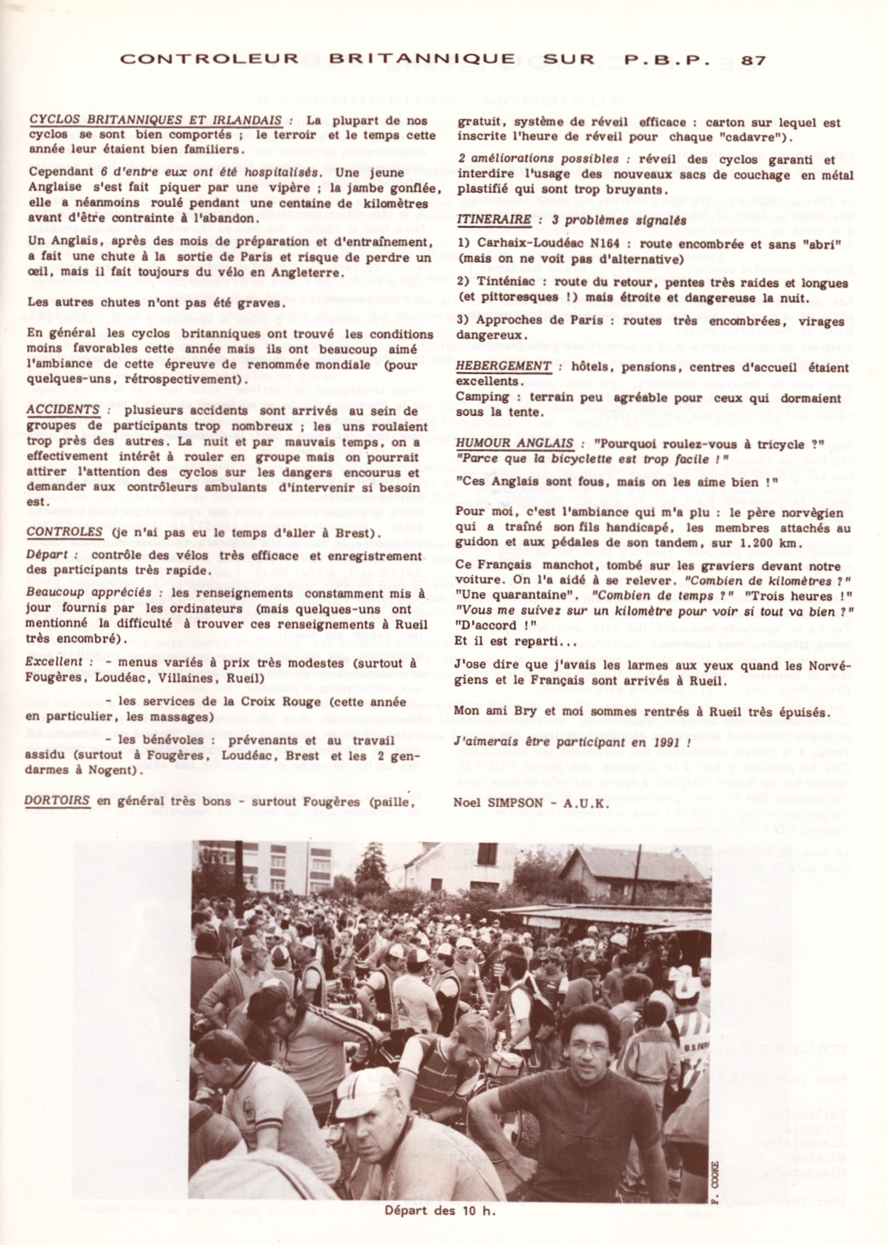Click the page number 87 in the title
click(753, 60)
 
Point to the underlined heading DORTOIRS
click(57, 801)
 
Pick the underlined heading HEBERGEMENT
click(503, 366)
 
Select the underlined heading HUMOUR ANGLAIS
click(514, 444)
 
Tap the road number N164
click(600, 243)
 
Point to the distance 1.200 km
click(768, 543)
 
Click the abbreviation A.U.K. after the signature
click(585, 802)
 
